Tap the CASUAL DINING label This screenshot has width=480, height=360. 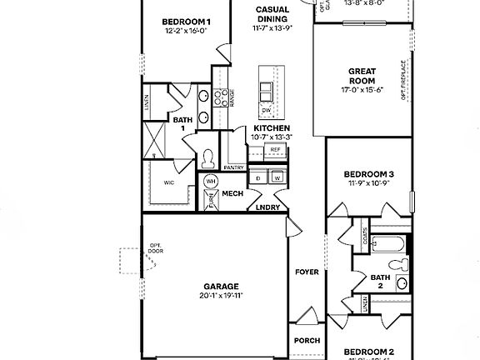click(x=272, y=14)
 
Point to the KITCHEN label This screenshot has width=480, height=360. click(x=271, y=127)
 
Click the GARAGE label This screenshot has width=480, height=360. click(x=220, y=285)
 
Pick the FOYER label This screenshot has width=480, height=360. click(x=307, y=272)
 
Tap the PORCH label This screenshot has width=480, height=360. click(x=306, y=340)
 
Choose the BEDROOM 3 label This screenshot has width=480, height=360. click(x=368, y=174)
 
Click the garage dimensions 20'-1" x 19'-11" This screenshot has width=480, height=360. click(x=220, y=295)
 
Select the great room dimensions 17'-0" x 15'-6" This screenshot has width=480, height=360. click(x=361, y=89)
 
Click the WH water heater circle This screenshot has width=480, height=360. click(x=211, y=181)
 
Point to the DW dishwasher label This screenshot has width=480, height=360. click(x=267, y=110)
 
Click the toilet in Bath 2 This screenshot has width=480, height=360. click(x=404, y=265)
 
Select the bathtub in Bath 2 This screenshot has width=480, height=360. click(x=387, y=245)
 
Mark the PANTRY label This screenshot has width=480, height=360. click(x=233, y=167)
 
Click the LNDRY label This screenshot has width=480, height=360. click(x=267, y=207)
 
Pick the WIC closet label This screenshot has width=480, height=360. click(x=169, y=181)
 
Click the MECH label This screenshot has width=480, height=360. click(x=232, y=193)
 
